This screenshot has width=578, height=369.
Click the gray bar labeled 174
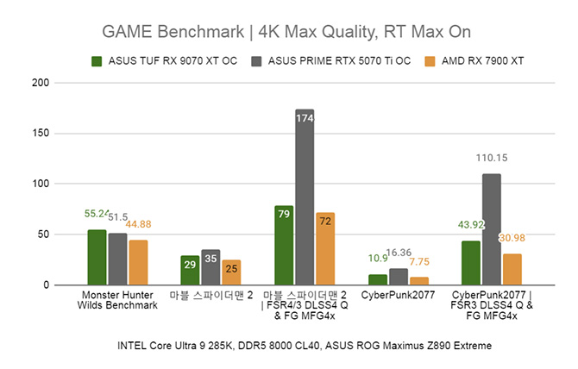[305, 197]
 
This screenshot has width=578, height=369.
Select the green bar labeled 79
[284, 245]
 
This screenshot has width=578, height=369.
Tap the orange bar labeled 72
[325, 248]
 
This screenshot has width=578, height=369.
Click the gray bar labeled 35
[210, 267]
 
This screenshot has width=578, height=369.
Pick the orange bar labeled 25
[231, 272]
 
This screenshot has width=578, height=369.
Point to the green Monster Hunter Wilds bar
[97, 258]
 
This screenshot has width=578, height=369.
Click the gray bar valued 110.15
[492, 229]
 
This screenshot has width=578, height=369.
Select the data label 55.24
[97, 214]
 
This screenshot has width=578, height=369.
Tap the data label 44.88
[138, 224]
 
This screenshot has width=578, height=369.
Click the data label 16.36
[399, 253]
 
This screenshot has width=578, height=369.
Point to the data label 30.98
[512, 238]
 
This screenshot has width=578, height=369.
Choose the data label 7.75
[419, 262]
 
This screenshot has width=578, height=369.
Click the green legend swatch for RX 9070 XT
[97, 61]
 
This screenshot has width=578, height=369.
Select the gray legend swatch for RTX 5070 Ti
[256, 61]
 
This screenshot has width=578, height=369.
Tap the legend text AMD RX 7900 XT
[482, 60]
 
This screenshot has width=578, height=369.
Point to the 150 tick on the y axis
[41, 134]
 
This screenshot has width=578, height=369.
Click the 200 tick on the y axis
[41, 83]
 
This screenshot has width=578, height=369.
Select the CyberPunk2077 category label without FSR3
[398, 295]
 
